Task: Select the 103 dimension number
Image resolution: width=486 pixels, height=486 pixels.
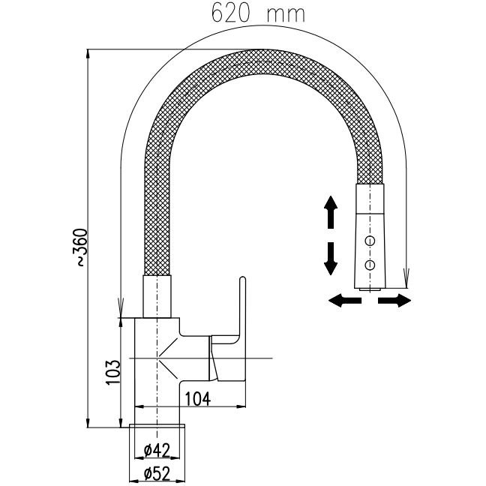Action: coord(112,370)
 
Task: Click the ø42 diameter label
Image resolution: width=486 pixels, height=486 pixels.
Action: coord(157,450)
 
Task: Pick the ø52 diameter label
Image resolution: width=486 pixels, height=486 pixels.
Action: coord(157,472)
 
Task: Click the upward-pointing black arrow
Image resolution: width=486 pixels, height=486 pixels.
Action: coord(329,211)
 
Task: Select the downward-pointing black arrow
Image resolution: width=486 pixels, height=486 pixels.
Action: coord(329,259)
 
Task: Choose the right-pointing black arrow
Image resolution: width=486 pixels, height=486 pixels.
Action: coord(394,301)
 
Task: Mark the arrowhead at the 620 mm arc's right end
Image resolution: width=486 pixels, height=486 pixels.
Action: coord(406,281)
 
